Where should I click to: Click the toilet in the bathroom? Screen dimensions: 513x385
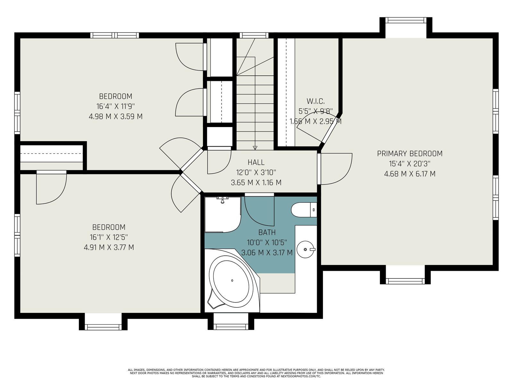coord(304,210)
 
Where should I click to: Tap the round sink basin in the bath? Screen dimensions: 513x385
coord(306,249)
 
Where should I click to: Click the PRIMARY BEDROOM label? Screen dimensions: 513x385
coord(410,154)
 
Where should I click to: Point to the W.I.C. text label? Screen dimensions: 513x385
coord(315,101)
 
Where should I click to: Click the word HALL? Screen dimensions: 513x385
coord(256,162)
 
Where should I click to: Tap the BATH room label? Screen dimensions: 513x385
coord(267,232)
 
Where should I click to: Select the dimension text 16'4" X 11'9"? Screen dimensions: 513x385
coord(116,107)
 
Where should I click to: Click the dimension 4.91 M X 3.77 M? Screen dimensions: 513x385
coord(109,247)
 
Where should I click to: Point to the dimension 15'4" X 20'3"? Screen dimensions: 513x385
coord(410,164)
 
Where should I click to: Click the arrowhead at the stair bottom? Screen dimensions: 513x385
coord(255,148)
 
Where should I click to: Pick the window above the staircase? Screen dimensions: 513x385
coord(254,35)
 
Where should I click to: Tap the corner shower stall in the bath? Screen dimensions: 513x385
coord(223,215)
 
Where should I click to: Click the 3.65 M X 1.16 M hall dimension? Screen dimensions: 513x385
coord(256,183)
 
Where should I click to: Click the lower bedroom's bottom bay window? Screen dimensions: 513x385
coord(103,327)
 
